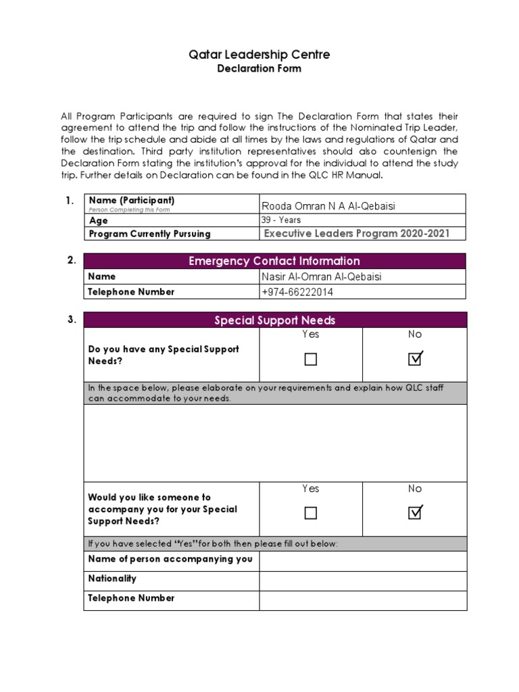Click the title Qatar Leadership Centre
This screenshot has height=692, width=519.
pos(259,54)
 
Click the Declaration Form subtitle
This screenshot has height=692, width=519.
pos(259,68)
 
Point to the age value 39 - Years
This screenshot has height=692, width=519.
pos(281,220)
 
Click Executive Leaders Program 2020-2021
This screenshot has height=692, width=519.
pos(355,234)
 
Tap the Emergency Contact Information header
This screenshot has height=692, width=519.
pos(275,261)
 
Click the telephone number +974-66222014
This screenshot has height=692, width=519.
pos(297,292)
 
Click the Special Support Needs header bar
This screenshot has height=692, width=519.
pos(275,320)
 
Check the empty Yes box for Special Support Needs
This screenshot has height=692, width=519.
pos(311,360)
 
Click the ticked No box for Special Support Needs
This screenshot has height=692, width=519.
pos(415,359)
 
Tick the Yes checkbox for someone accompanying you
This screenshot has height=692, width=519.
pos(311,514)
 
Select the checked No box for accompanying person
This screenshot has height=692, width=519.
pos(415,513)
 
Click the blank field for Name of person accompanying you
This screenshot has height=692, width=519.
pos(363,561)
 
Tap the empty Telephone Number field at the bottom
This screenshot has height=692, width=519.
pos(363,600)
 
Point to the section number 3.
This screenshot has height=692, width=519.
pos(71,320)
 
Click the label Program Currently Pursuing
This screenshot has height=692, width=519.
pos(149,234)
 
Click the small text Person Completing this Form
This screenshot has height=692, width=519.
pos(129,210)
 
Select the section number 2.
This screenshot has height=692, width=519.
pos(71,260)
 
